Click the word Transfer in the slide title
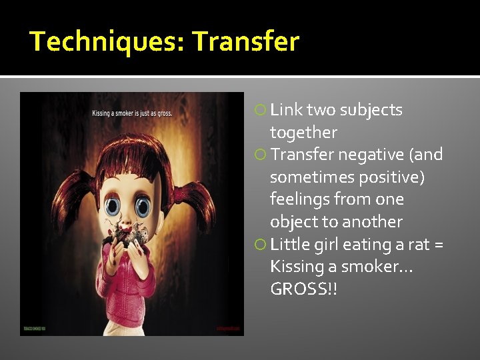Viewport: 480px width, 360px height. (246, 42)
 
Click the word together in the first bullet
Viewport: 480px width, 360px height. (303, 133)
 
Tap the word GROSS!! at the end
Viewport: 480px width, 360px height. (303, 289)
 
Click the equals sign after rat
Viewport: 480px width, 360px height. (438, 245)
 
